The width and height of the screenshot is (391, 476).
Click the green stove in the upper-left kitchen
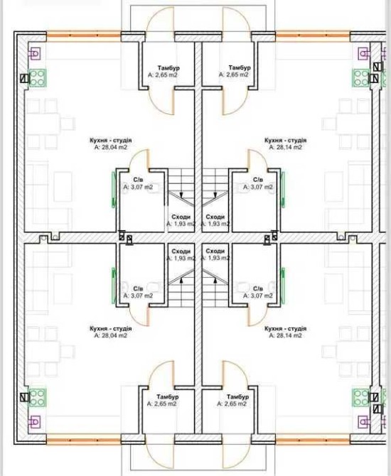click(38, 78)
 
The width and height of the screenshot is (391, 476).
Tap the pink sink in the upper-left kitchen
click(33, 54)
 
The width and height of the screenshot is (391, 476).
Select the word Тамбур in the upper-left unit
click(168, 67)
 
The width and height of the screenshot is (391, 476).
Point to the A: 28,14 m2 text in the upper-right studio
click(285, 147)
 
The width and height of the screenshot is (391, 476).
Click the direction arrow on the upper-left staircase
click(181, 193)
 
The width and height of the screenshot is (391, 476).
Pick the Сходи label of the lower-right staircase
click(215, 251)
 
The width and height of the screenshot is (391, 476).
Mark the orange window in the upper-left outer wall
click(84, 36)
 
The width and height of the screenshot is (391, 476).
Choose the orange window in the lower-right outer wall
click(313, 440)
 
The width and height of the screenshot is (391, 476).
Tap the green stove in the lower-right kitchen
click(361, 397)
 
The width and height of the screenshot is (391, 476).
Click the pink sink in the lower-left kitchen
click(33, 422)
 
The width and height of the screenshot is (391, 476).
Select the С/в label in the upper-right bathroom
click(258, 180)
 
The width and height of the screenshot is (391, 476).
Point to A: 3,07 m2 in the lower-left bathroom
click(138, 296)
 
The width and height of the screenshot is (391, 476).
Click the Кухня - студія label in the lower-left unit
click(111, 329)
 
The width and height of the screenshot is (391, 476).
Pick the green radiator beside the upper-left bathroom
click(113, 190)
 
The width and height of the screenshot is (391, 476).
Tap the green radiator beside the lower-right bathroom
click(283, 286)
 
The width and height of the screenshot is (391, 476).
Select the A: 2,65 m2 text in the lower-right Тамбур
click(232, 404)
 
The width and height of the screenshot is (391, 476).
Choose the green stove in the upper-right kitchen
click(361, 78)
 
